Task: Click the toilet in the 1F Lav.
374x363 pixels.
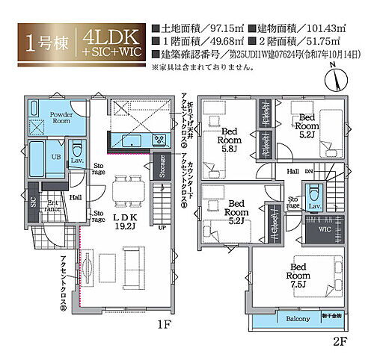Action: [76, 146]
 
